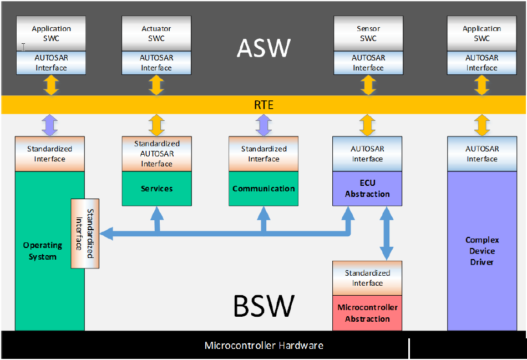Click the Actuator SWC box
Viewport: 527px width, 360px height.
point(156,33)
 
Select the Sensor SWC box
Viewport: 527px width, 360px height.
point(368,33)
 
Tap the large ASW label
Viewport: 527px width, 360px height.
point(263,48)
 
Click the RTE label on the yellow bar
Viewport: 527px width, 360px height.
point(263,105)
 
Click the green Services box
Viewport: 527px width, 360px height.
point(156,189)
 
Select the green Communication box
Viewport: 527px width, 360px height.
point(263,189)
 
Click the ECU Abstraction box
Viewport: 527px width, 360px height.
point(367,189)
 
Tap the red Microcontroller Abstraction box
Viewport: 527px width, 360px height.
point(367,313)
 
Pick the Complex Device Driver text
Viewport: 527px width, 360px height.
point(482,251)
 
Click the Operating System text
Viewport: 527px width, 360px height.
point(43,251)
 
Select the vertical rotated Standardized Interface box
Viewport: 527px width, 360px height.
point(85,234)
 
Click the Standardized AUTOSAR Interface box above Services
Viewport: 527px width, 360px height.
point(156,154)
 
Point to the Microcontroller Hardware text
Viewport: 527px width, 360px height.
point(263,346)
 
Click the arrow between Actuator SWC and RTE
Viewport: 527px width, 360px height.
point(156,85)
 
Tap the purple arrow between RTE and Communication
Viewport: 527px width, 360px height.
point(263,125)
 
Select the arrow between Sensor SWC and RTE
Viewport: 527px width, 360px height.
point(368,85)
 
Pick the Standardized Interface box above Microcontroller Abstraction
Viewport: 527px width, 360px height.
point(367,278)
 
